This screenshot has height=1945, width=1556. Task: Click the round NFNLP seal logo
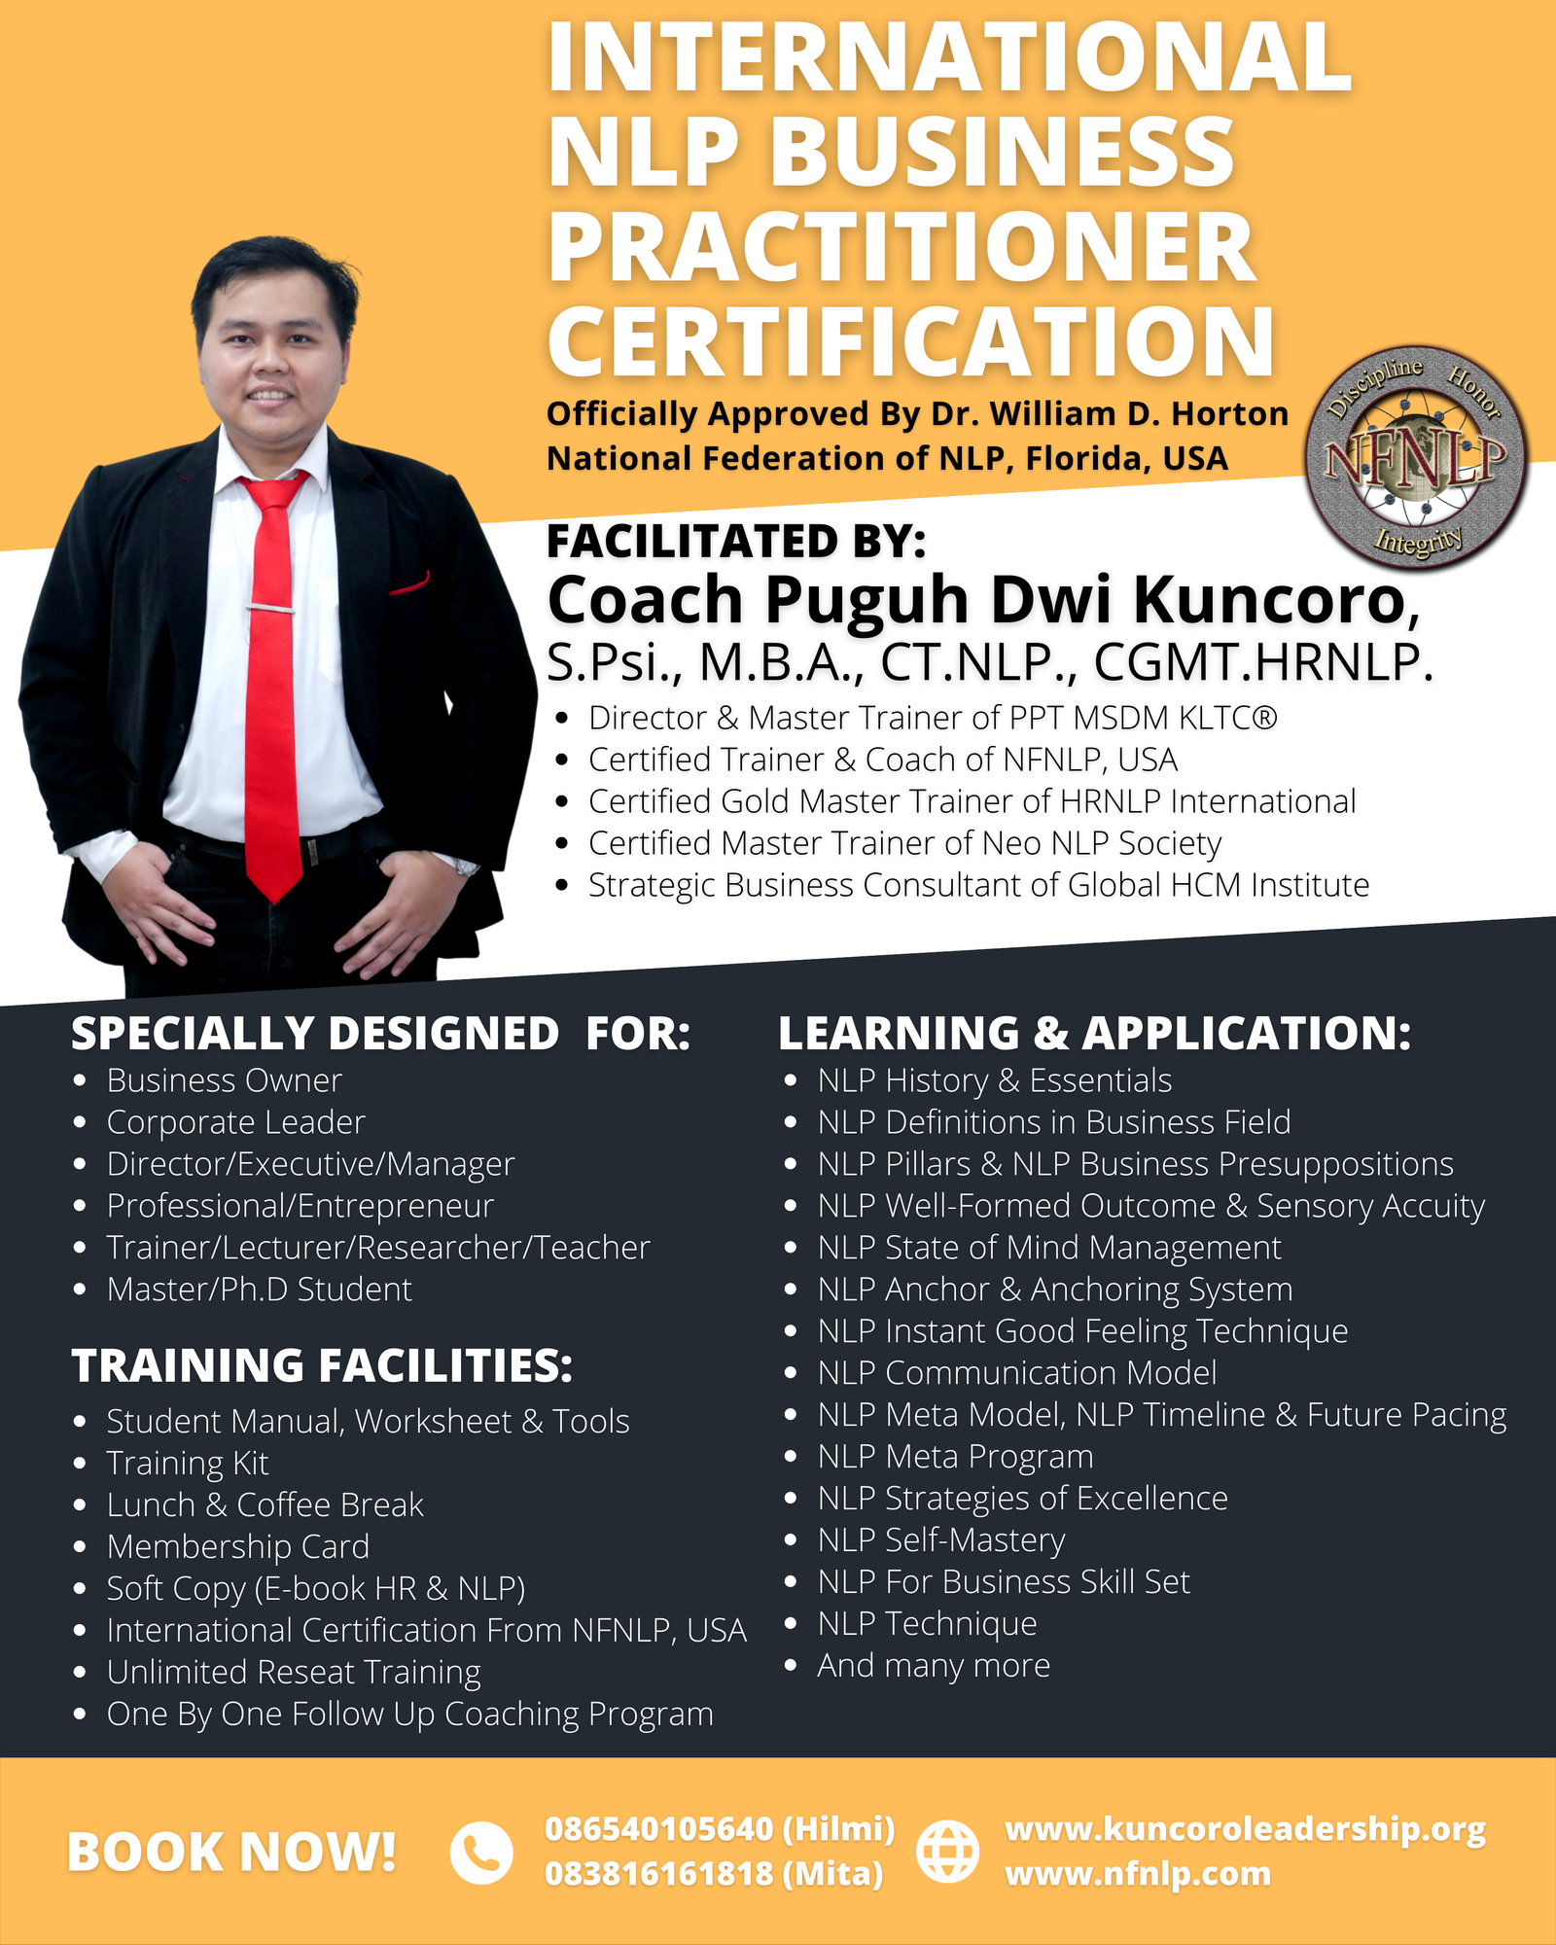[x=1416, y=457]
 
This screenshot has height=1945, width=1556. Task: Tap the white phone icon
[x=480, y=1852]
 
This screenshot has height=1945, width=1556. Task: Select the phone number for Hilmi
[x=720, y=1829]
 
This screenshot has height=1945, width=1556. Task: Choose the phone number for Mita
[x=714, y=1873]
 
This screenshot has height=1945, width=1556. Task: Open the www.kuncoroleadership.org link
[x=1245, y=1829]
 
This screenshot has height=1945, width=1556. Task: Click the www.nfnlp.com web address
[x=1138, y=1873]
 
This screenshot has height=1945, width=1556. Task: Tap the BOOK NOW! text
[x=231, y=1852]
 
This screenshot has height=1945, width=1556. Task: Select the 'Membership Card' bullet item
[x=238, y=1546]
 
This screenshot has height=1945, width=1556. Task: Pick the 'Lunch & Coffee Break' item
[x=265, y=1504]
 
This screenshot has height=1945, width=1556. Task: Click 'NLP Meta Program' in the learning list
[x=956, y=1456]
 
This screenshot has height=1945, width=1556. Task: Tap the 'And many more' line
[x=934, y=1665]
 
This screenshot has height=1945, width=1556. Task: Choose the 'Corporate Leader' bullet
[x=236, y=1122]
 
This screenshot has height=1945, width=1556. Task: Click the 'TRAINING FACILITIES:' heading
[x=322, y=1365]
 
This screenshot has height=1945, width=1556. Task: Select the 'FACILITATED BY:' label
[x=736, y=541]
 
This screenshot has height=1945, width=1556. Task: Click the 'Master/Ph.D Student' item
[x=260, y=1290]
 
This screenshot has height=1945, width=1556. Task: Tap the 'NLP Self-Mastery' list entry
[x=941, y=1539]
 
